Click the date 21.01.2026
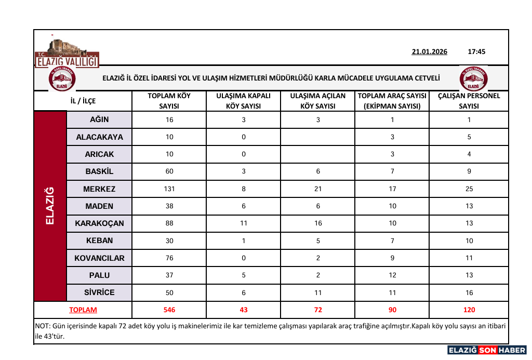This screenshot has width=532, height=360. pyautogui.click(x=429, y=52)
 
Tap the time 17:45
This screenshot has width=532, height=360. pyautogui.click(x=476, y=52)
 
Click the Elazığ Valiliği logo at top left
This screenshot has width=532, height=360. pyautogui.click(x=66, y=54)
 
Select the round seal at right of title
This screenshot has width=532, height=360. pyautogui.click(x=473, y=78)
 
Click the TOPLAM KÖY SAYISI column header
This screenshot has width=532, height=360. pyautogui.click(x=169, y=101)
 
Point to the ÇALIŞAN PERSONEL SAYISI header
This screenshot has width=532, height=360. pyautogui.click(x=469, y=101)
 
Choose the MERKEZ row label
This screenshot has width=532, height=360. pyautogui.click(x=99, y=189)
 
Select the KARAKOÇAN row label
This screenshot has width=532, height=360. pyautogui.click(x=99, y=223)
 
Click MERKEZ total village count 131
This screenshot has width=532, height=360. pyautogui.click(x=169, y=189)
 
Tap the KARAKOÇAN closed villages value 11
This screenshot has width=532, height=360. pyautogui.click(x=244, y=223)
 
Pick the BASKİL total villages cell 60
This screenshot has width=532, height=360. pyautogui.click(x=169, y=171)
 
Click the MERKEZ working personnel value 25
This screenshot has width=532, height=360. pyautogui.click(x=469, y=189)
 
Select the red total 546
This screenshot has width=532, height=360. pyautogui.click(x=169, y=310)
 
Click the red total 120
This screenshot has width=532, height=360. pyautogui.click(x=469, y=310)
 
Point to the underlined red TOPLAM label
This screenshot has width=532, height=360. pyautogui.click(x=83, y=310)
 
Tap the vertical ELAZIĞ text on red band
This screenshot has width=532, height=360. pyautogui.click(x=50, y=206)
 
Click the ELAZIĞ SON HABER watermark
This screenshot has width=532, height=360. pyautogui.click(x=487, y=350)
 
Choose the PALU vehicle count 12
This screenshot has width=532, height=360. pyautogui.click(x=392, y=275)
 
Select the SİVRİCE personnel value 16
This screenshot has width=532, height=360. pyautogui.click(x=469, y=293)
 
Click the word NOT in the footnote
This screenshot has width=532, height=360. pyautogui.click(x=42, y=326)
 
